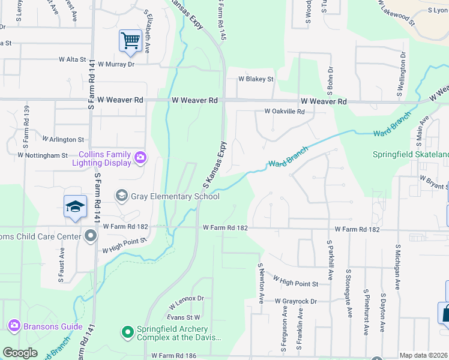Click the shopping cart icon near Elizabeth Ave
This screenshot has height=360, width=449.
coord(130,41)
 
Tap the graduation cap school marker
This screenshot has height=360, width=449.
coord(76,206)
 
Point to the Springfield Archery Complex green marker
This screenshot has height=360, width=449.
coord(127,331)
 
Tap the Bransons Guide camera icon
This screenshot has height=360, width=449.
coord(14,326)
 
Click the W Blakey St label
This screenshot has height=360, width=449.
coord(256,79)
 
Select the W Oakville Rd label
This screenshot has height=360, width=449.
coord(285,112)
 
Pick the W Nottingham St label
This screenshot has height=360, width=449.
coord(43,155)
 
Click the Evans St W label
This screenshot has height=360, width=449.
coord(183,317)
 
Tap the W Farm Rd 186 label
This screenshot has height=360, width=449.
coord(174,356)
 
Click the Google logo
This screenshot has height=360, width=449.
coord(20,353)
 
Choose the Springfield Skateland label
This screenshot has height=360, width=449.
coord(411,154)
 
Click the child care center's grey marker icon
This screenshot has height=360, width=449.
coord(91,236)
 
